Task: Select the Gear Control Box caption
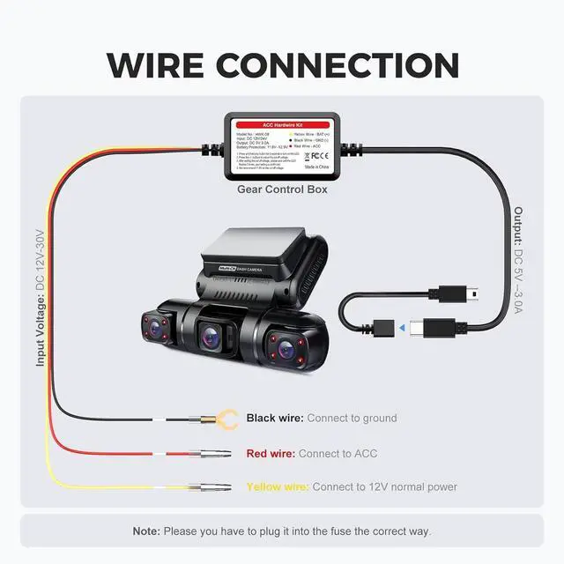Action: point(282,189)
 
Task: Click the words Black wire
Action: point(275,418)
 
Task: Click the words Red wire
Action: point(271,453)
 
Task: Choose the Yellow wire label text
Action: point(277,486)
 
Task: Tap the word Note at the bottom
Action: point(145,531)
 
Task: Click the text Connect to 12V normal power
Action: point(385,486)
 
